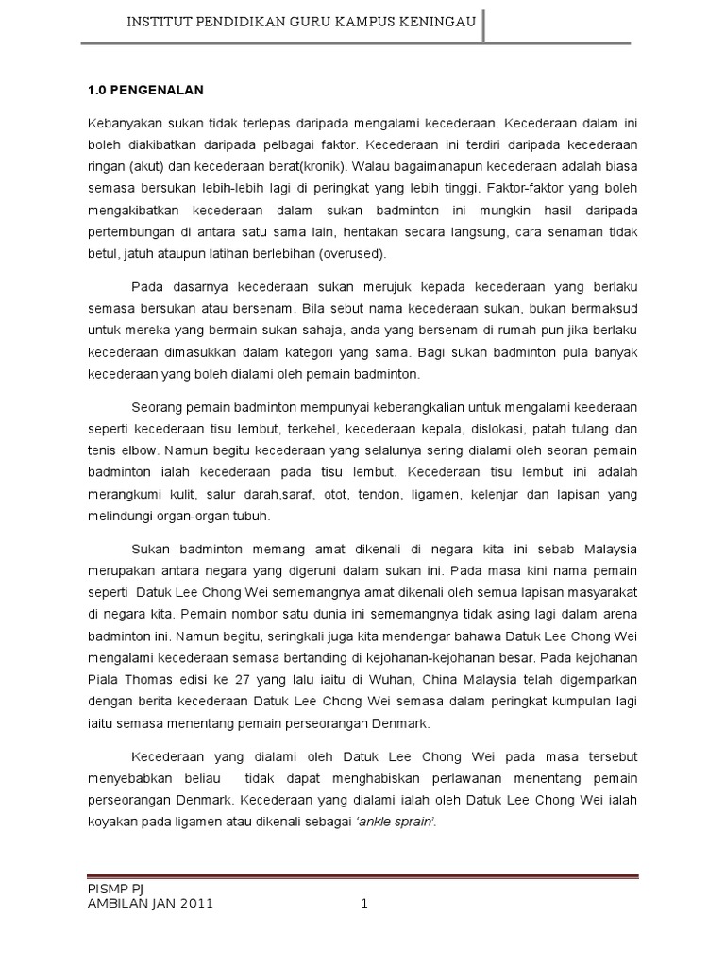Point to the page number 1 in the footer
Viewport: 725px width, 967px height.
(363, 903)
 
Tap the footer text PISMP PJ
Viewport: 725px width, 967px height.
(111, 887)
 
